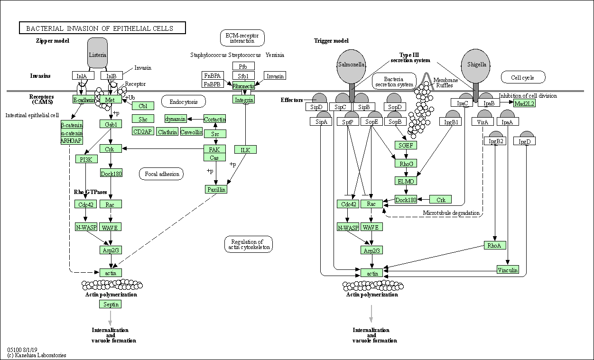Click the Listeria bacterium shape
(x=97, y=54)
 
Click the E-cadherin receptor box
(x=84, y=99)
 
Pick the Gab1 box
(x=111, y=124)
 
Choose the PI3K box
(x=86, y=158)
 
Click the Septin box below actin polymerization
(x=111, y=304)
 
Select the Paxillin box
(x=216, y=189)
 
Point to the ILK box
(x=245, y=149)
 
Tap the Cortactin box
(x=214, y=119)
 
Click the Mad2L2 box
(x=524, y=103)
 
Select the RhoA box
(x=495, y=245)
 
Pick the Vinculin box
(x=508, y=270)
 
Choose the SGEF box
(x=406, y=145)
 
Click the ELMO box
(x=406, y=181)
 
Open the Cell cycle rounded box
(x=523, y=77)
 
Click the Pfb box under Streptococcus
(x=243, y=66)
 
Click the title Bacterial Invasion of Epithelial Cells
(x=102, y=28)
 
